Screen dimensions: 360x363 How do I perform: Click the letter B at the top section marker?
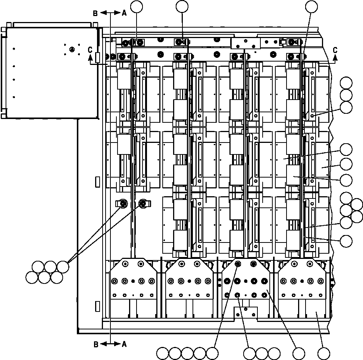96,13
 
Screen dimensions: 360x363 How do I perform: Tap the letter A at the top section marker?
124,13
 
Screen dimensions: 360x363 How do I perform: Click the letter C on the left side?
90,50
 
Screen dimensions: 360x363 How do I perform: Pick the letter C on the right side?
335,50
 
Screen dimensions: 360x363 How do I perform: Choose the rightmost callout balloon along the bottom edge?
323,353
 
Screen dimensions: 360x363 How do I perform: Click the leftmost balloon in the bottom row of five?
163,353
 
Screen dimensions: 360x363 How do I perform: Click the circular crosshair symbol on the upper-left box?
72,49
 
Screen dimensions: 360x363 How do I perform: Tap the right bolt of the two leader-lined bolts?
143,203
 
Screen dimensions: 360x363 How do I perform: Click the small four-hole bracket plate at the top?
245,43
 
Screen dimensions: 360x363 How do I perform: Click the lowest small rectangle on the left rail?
98,306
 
